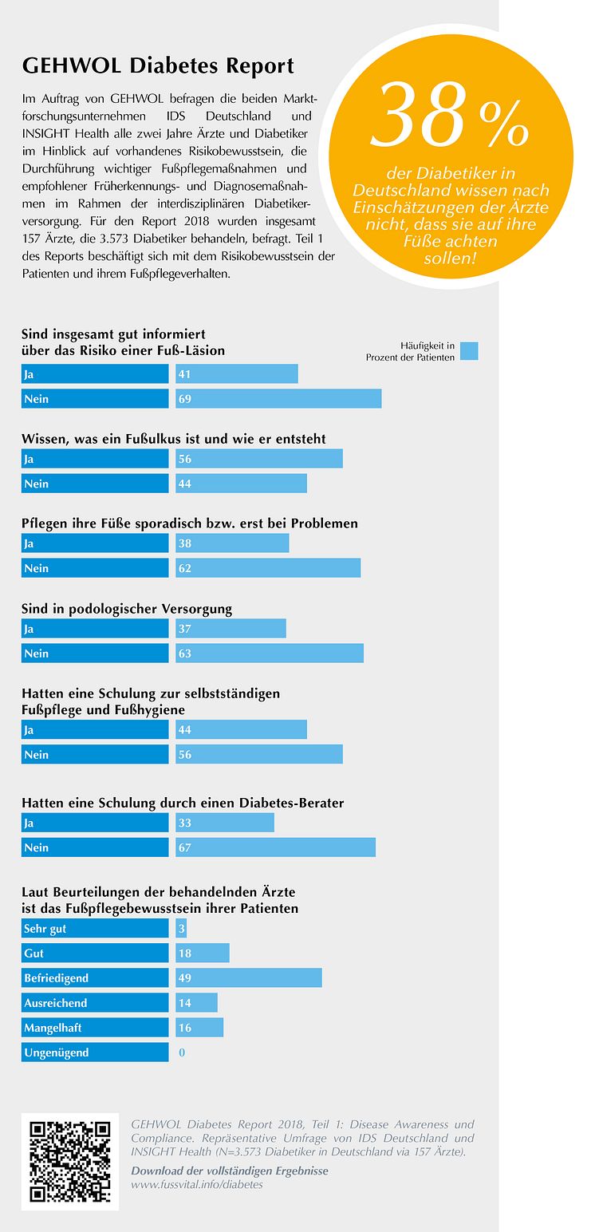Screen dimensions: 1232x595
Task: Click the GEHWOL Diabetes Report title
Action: click(158, 65)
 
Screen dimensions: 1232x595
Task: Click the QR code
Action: click(69, 1161)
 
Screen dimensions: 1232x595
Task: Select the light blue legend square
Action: click(469, 351)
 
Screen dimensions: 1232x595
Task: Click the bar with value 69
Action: click(278, 398)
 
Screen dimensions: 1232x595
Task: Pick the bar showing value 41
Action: click(237, 373)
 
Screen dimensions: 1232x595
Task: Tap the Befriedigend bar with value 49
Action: click(249, 977)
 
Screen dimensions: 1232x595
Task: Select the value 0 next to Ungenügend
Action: click(182, 1052)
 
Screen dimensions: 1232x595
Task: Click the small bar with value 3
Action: click(181, 928)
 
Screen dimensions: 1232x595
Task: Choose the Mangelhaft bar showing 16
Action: click(199, 1027)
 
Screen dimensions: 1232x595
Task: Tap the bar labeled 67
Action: click(275, 847)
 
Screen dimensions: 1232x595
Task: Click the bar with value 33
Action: click(225, 823)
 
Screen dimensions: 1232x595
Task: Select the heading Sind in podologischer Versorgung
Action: click(127, 609)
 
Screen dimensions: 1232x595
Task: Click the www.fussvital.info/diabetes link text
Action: click(197, 1184)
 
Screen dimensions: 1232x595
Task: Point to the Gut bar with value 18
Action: click(203, 953)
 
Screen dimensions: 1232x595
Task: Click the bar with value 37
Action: click(231, 629)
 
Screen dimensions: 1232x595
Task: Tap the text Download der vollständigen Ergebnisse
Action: click(230, 1171)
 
